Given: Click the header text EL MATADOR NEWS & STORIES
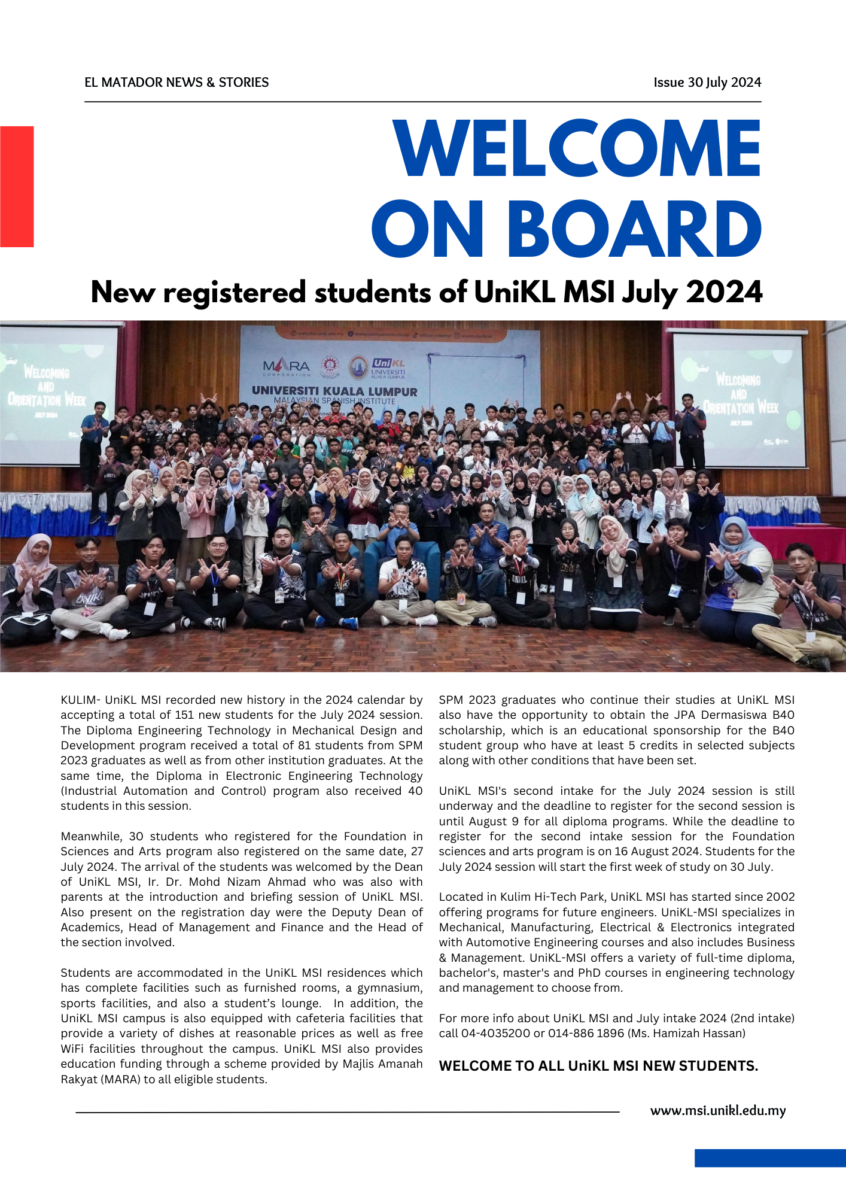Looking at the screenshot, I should (x=176, y=83).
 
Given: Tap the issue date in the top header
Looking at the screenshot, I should (x=707, y=83).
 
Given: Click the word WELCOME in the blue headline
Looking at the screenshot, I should (x=577, y=149).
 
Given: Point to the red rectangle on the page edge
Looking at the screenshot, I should (x=17, y=186).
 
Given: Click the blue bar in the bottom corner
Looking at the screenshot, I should (x=770, y=1157).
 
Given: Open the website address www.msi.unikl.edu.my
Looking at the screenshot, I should (x=717, y=1111).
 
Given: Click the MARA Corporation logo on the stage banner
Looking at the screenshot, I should (x=287, y=366).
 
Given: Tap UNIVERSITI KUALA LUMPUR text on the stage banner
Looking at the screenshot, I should (x=334, y=391).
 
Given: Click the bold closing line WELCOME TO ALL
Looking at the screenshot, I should (x=598, y=1066).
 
